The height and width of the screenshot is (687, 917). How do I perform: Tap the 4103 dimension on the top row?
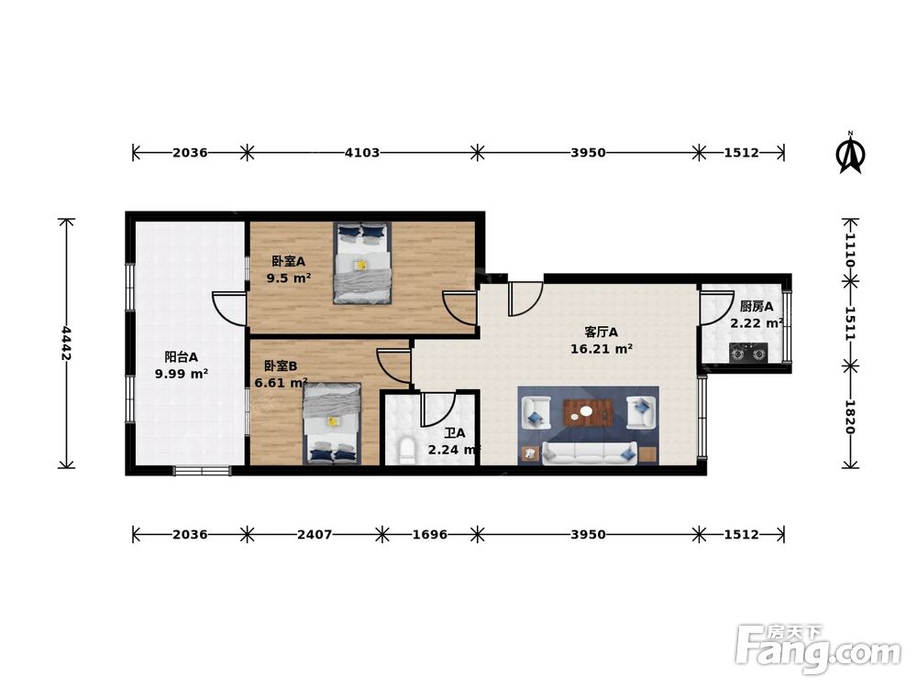tap(362, 153)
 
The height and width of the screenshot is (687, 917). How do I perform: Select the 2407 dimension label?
tap(315, 535)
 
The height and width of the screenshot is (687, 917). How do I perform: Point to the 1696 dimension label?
tap(430, 535)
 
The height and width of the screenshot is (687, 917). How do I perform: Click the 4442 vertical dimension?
tap(66, 343)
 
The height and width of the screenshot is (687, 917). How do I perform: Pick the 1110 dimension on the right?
tap(851, 250)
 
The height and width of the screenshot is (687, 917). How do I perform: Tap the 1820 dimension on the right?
tap(851, 417)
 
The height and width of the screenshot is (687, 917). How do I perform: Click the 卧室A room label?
tap(288, 261)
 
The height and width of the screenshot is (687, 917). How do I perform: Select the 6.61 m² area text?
tap(281, 383)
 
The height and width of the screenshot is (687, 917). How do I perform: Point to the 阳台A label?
tap(181, 357)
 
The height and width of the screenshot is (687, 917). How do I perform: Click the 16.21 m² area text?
tap(602, 349)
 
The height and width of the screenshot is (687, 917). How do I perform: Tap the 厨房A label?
tap(757, 306)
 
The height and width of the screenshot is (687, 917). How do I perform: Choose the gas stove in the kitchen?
tap(748, 354)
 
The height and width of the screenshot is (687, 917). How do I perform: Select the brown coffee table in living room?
tap(588, 412)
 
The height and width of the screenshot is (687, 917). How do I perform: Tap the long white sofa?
tap(590, 453)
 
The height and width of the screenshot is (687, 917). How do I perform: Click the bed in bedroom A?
tap(362, 263)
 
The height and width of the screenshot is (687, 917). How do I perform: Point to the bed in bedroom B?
tap(332, 423)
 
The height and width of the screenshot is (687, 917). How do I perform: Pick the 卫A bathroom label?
tap(455, 434)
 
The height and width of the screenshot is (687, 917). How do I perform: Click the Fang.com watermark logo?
tap(818, 649)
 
